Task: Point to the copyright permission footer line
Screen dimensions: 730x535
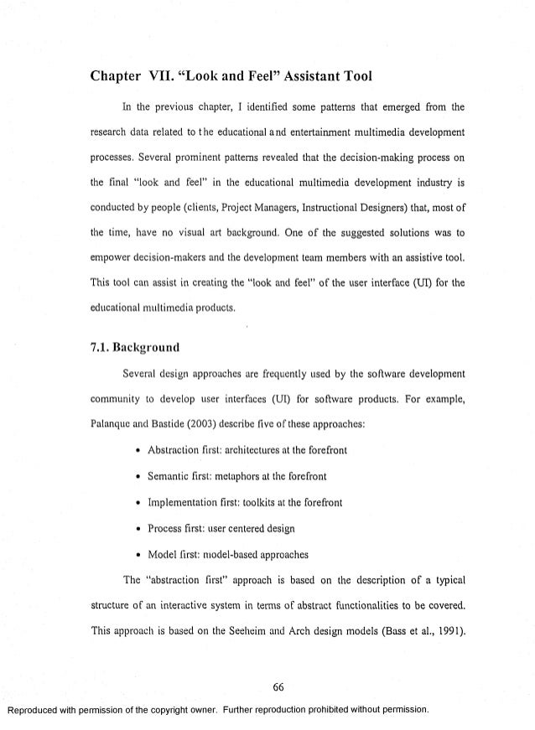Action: coord(218,708)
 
